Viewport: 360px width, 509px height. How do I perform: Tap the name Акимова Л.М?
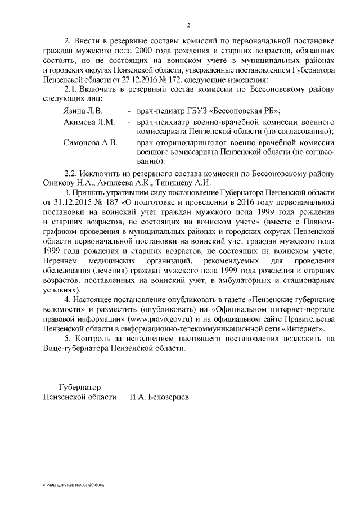[x=89, y=122]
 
